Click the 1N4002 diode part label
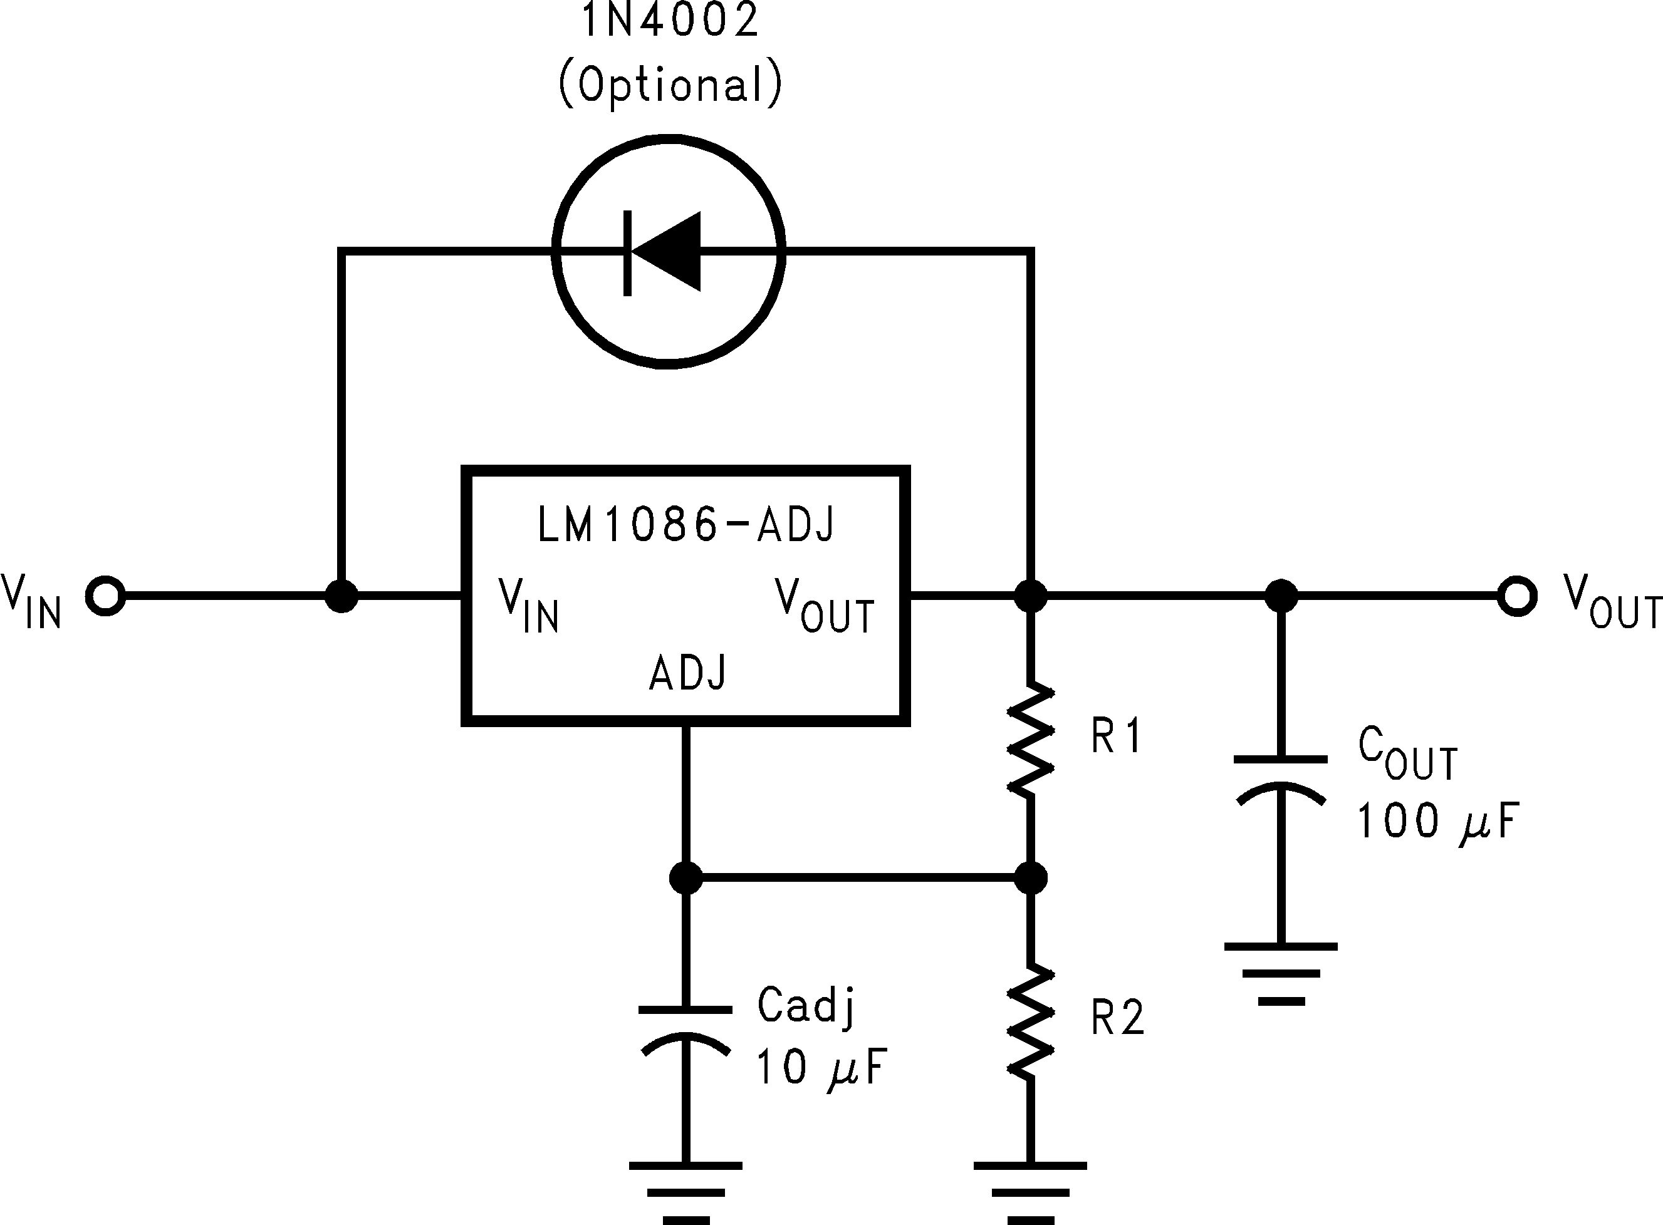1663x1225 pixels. coord(669,21)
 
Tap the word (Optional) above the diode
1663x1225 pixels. coord(669,85)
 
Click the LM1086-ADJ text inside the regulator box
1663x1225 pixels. coord(686,524)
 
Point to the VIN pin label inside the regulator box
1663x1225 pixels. coord(528,606)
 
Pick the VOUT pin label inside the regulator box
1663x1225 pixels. coord(824,606)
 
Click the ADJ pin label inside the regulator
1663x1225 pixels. coord(687,673)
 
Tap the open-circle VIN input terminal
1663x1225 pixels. coord(105,596)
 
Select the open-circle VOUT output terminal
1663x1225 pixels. coord(1517,596)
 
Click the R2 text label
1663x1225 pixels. coord(1117,1018)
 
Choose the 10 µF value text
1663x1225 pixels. coord(820,1068)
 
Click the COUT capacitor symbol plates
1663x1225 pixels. coord(1280,778)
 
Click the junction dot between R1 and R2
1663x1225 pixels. coord(1030,878)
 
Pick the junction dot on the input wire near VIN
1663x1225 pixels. coord(341,596)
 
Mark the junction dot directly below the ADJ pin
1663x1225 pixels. coord(686,878)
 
